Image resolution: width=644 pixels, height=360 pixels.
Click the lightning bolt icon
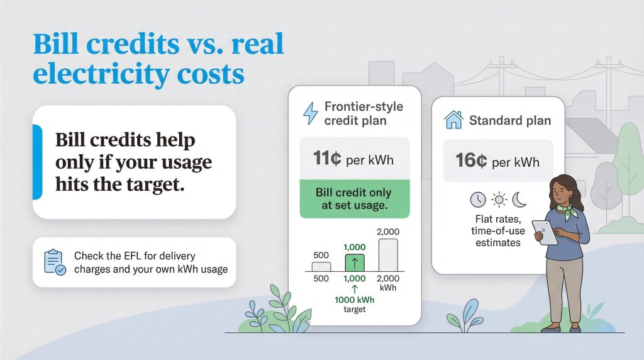311,113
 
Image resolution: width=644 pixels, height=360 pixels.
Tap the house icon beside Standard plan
453,120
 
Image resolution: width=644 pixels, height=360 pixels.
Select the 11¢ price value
327,159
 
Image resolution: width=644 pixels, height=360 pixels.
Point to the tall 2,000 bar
387,254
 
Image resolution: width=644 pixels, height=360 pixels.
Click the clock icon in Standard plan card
478,200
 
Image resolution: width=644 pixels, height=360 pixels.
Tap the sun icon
499,200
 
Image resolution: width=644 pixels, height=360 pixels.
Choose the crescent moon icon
519,200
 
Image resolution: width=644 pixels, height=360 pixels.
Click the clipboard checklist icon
54,262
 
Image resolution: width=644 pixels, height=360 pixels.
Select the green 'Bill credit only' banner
355,199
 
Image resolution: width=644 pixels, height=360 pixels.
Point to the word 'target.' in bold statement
155,185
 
